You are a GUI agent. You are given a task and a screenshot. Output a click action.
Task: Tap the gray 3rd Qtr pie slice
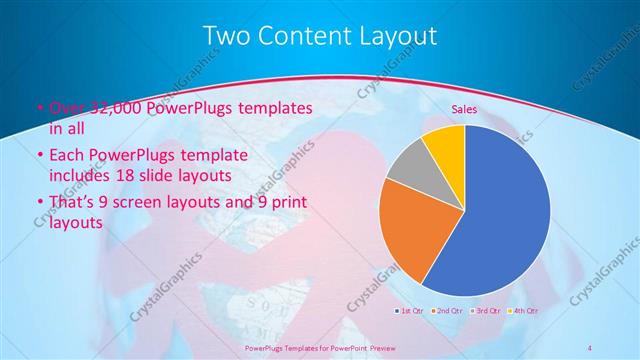tap(408, 167)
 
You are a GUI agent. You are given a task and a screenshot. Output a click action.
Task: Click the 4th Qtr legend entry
tap(525, 311)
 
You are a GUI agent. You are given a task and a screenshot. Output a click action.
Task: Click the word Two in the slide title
tap(226, 36)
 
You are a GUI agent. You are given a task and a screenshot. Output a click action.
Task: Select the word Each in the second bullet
tap(66, 155)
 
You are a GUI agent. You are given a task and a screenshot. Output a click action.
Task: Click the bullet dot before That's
tap(39, 204)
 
